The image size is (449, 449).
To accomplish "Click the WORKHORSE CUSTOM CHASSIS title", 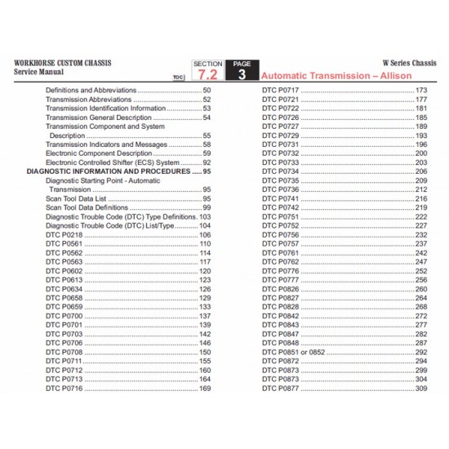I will click(58, 62).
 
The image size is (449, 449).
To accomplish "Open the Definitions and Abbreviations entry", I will click(91, 89).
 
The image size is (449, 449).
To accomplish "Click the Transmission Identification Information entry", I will click(105, 108).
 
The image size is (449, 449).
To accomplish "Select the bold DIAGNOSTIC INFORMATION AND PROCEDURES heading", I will click(109, 172).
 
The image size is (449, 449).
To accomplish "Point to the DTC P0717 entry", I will click(281, 89).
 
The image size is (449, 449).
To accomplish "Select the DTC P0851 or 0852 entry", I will click(295, 352).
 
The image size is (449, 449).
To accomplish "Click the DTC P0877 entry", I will click(281, 389).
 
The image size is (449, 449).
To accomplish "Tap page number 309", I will click(421, 389).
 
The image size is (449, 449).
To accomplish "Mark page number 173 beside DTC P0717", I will click(421, 89).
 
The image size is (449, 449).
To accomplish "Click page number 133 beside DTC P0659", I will click(205, 307).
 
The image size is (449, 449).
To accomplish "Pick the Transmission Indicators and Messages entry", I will click(106, 144).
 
